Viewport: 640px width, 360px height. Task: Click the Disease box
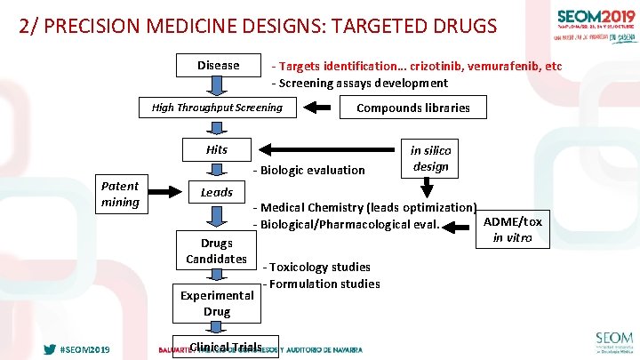point(218,65)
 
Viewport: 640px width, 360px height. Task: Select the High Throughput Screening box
point(217,108)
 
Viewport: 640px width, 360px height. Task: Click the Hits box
point(217,149)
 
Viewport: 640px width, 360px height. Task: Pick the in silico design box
point(430,158)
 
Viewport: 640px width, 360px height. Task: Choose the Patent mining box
point(120,194)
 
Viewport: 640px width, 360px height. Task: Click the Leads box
point(217,192)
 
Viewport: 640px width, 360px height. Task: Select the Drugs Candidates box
point(217,251)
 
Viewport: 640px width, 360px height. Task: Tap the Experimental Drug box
point(217,303)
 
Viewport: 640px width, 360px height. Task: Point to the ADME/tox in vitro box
point(512,229)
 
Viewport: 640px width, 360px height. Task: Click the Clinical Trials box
point(226,348)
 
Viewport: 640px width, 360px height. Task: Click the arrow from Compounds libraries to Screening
point(317,108)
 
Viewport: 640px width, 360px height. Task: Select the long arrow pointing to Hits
point(329,149)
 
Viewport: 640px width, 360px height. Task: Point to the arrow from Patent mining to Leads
point(166,189)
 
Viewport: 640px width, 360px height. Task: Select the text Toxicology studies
point(319,267)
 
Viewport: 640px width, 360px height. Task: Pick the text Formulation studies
point(324,284)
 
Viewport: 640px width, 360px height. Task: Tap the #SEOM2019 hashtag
point(84,349)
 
